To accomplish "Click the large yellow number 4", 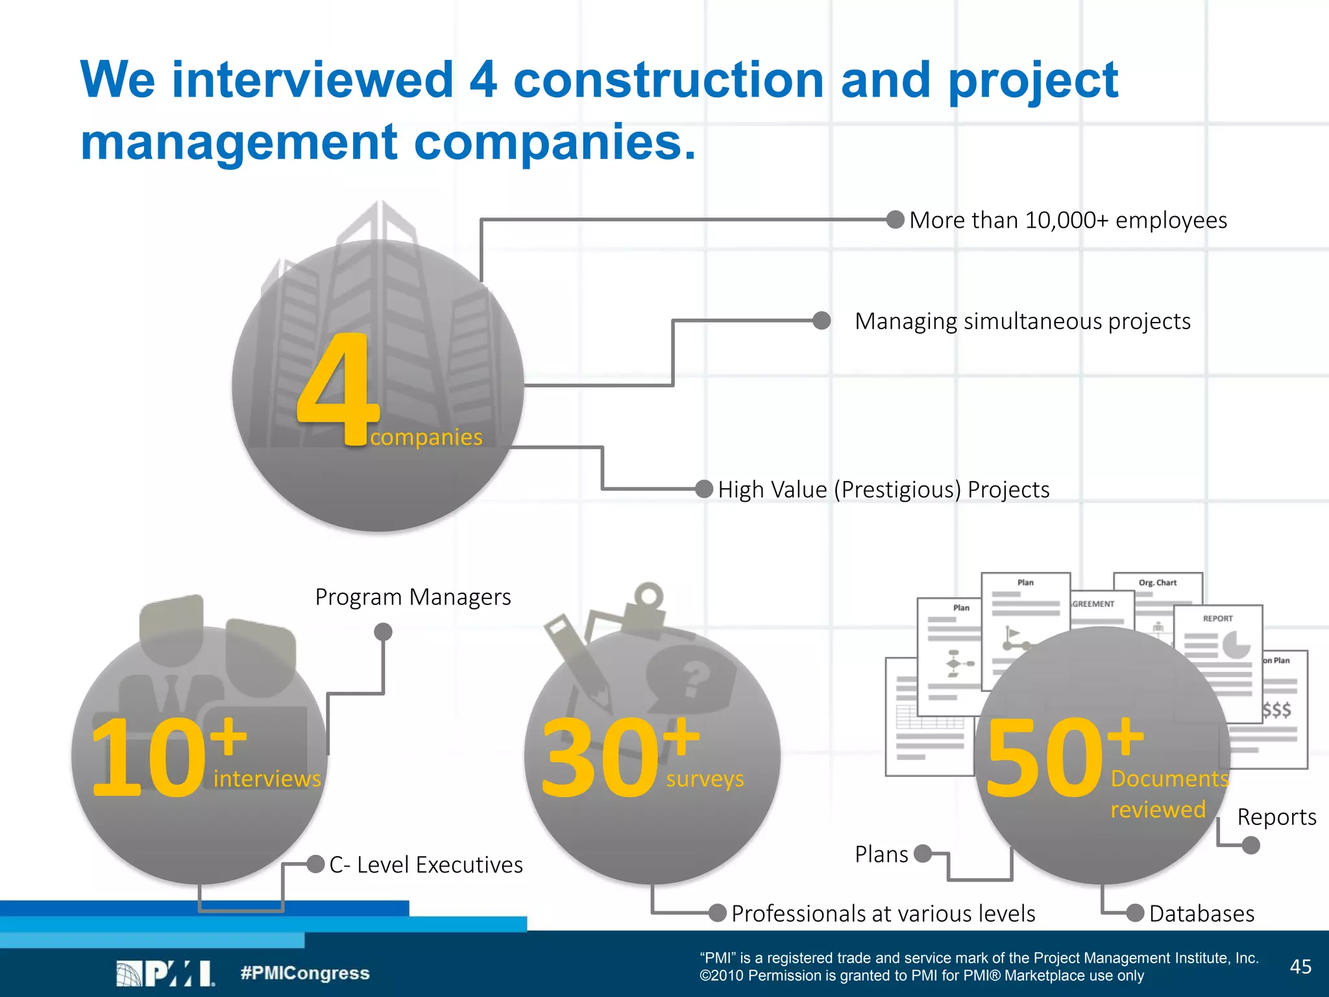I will pyautogui.click(x=337, y=389).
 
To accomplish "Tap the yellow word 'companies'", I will pyautogui.click(x=426, y=437).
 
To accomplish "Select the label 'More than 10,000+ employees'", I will pyautogui.click(x=1068, y=221).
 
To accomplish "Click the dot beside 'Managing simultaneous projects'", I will pyautogui.click(x=822, y=321).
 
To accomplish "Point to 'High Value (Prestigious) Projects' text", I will pyautogui.click(x=884, y=489).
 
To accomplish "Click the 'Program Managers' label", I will pyautogui.click(x=413, y=597).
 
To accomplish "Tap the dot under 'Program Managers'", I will pyautogui.click(x=384, y=632).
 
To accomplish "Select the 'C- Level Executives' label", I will pyautogui.click(x=426, y=865).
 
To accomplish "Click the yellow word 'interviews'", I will pyautogui.click(x=267, y=779).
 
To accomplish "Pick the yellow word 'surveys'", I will pyautogui.click(x=705, y=779).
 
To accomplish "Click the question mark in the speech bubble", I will pyautogui.click(x=694, y=678).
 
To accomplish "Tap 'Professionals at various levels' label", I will pyautogui.click(x=883, y=914).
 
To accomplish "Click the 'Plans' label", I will pyautogui.click(x=881, y=854).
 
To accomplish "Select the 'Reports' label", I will pyautogui.click(x=1276, y=817).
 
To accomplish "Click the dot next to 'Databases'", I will pyautogui.click(x=1135, y=913).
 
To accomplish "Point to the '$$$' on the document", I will pyautogui.click(x=1276, y=709).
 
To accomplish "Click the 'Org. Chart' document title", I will pyautogui.click(x=1157, y=583).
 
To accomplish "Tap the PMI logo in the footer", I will pyautogui.click(x=165, y=974).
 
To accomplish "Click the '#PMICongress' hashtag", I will pyautogui.click(x=305, y=974).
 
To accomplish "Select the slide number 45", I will pyautogui.click(x=1300, y=967).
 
